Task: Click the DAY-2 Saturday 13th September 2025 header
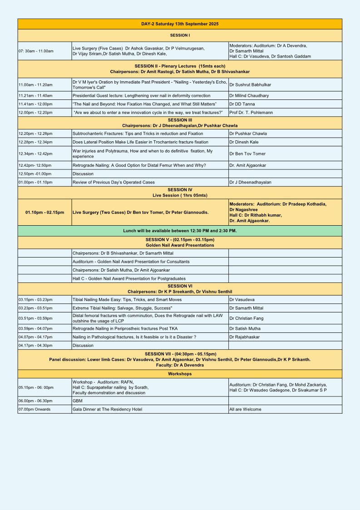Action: [x=180, y=24]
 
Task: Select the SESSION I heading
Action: [x=180, y=35]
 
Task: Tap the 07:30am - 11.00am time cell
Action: [x=36, y=51]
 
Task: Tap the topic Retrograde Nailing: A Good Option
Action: [x=139, y=165]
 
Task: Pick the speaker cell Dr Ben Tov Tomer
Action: [x=249, y=153]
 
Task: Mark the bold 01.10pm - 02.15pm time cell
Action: [x=44, y=212]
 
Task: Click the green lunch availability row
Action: [x=180, y=231]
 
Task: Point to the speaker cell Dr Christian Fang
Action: [x=246, y=318]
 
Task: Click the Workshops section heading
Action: [x=180, y=374]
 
